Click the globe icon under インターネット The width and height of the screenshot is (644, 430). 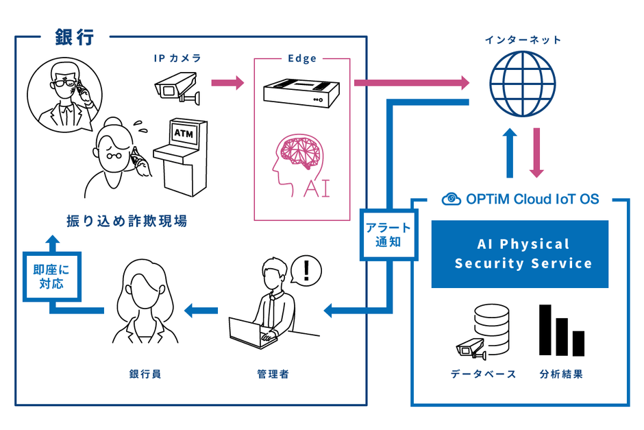pos(522,84)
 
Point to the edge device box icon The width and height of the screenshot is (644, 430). pos(302,91)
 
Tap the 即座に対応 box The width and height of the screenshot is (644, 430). pos(52,275)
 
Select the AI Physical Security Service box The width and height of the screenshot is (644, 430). pos(520,254)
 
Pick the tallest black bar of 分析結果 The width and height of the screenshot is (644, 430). pos(546,331)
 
